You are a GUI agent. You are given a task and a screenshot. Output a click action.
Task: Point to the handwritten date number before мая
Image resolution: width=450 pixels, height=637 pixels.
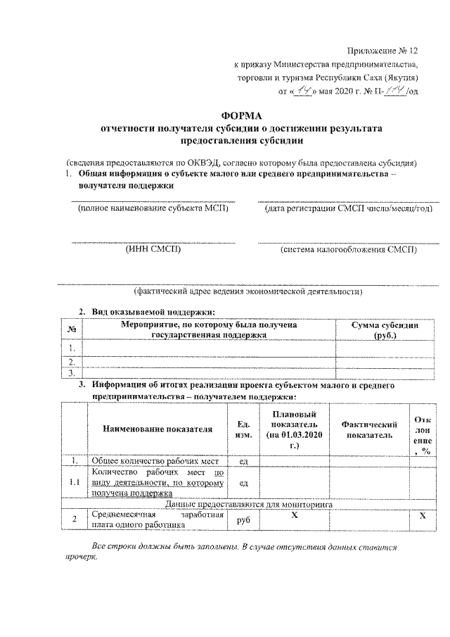tap(304, 91)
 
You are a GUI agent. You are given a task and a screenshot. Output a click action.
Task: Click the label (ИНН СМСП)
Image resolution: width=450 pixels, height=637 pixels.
tap(153, 249)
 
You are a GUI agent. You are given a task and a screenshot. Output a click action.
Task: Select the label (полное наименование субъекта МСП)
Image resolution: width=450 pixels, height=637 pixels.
tap(153, 209)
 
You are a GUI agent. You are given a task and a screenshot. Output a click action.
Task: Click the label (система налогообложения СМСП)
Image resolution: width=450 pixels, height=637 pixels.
tap(347, 249)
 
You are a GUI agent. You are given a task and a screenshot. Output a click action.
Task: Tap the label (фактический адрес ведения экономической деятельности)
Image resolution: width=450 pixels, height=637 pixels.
tap(249, 290)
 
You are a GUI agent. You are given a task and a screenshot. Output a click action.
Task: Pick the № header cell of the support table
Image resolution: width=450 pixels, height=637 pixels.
tap(72, 329)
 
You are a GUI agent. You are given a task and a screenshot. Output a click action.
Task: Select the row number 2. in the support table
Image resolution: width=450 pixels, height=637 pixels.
tap(72, 361)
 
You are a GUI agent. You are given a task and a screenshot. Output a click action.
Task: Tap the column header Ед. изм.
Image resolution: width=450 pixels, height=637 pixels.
tap(243, 429)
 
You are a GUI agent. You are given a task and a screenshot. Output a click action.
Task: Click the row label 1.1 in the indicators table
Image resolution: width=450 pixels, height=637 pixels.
tap(72, 482)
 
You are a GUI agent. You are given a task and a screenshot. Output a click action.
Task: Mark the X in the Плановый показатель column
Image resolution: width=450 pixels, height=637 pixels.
tap(294, 516)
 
